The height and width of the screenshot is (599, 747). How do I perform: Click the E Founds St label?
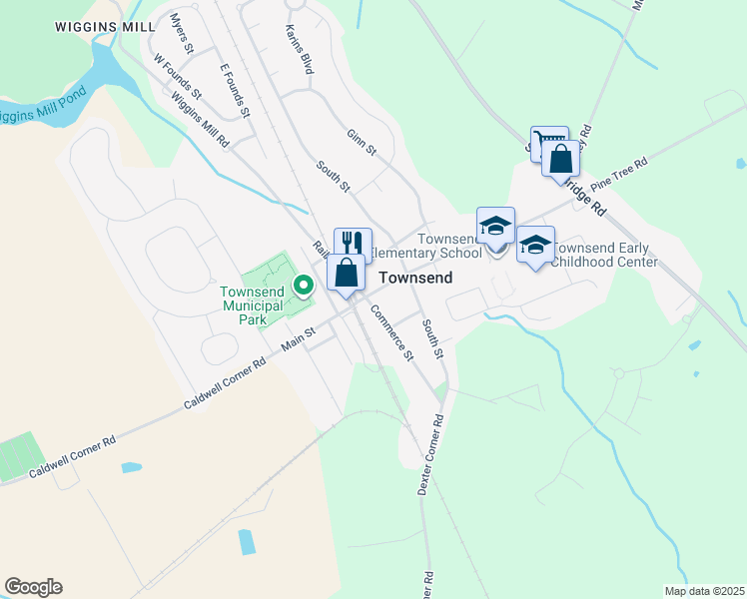click(235, 88)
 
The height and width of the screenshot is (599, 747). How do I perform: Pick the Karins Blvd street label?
click(299, 50)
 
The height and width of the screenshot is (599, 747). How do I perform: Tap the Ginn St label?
click(361, 142)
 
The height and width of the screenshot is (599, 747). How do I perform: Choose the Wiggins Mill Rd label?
click(201, 121)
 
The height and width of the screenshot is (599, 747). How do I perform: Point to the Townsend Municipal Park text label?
click(253, 306)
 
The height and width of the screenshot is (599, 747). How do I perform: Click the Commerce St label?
click(390, 331)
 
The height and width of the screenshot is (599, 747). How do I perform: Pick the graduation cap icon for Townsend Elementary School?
click(495, 226)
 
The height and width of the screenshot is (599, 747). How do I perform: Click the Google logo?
click(33, 587)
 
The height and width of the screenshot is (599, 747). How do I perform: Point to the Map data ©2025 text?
click(703, 591)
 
